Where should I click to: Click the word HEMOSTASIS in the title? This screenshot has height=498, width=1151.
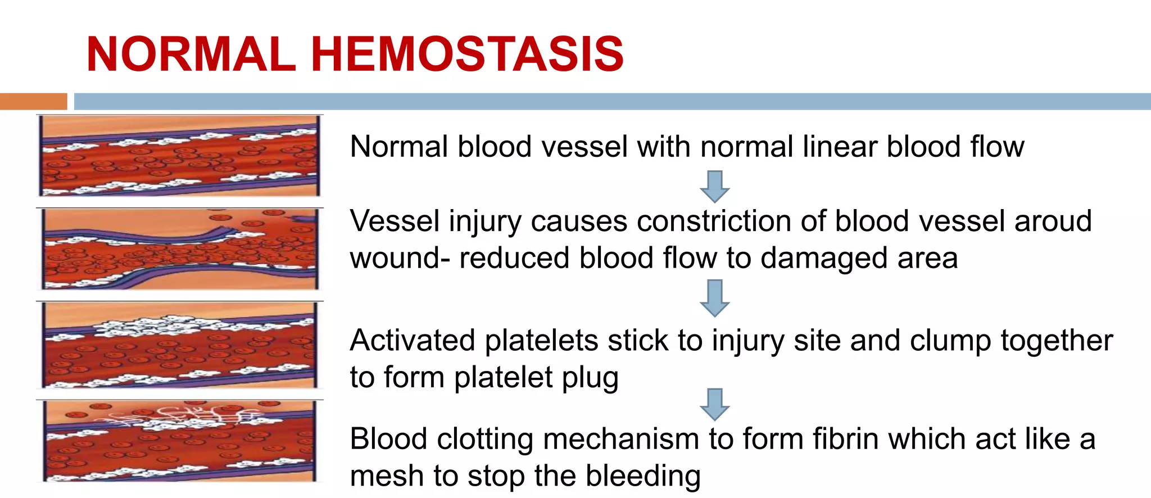(x=467, y=55)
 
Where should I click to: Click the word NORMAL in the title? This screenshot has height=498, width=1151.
(x=191, y=55)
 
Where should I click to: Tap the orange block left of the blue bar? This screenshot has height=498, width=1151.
(x=33, y=101)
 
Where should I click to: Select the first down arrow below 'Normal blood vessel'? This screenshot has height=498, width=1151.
(x=714, y=187)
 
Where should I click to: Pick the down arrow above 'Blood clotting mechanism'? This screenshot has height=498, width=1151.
(x=714, y=404)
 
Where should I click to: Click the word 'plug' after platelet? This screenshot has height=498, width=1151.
(x=590, y=378)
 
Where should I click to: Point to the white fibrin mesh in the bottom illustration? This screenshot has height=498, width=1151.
(x=185, y=416)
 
